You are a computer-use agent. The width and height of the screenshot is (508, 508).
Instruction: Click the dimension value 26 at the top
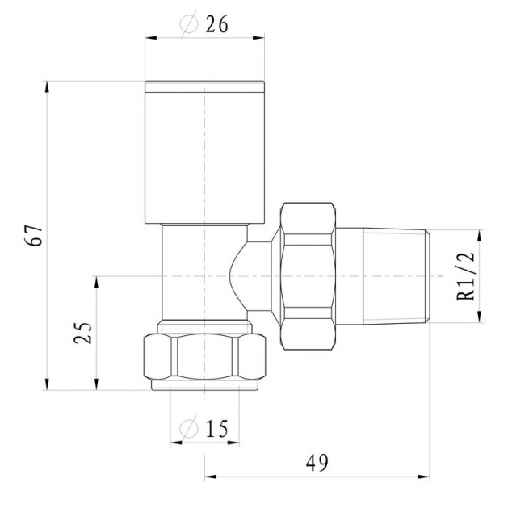216,24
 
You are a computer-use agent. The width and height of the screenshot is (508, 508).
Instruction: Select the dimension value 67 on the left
34,235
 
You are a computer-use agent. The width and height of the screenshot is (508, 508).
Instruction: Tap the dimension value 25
83,333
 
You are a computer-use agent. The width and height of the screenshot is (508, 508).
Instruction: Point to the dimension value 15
216,429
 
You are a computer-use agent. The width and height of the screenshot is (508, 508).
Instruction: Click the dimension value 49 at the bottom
317,463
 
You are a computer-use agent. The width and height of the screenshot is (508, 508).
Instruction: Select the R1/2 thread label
465,276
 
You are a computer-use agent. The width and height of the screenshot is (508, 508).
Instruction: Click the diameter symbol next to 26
189,24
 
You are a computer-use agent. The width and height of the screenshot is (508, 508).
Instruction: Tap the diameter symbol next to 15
189,428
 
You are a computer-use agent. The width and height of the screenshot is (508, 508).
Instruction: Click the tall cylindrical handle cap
205,153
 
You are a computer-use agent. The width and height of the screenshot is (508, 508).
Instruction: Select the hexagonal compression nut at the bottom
205,357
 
